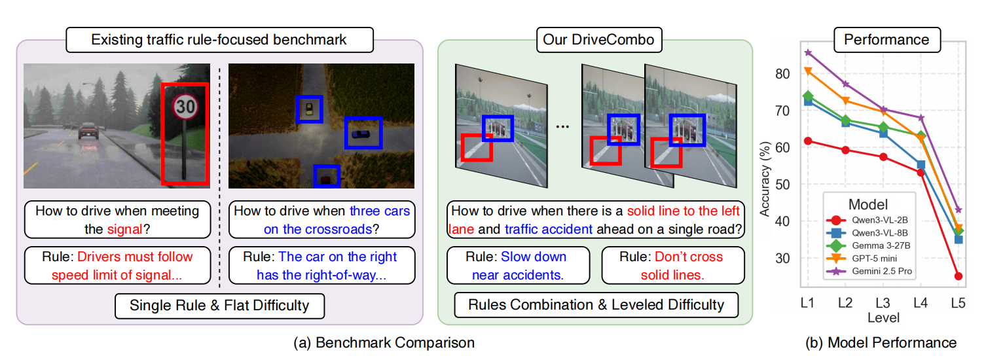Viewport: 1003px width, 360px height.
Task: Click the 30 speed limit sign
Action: (185, 107)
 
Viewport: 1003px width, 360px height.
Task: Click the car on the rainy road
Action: (88, 132)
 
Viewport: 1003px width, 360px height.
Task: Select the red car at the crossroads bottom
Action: (327, 176)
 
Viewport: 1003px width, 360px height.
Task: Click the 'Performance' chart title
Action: (886, 39)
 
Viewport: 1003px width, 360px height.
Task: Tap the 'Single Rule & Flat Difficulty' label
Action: (219, 304)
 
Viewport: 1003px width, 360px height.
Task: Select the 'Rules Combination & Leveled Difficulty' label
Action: (596, 304)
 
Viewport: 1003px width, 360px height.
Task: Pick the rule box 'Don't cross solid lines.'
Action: (672, 265)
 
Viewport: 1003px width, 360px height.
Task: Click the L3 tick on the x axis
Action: (883, 303)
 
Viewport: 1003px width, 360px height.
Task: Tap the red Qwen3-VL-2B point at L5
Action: (958, 276)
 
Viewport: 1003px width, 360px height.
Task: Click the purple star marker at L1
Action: (808, 52)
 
